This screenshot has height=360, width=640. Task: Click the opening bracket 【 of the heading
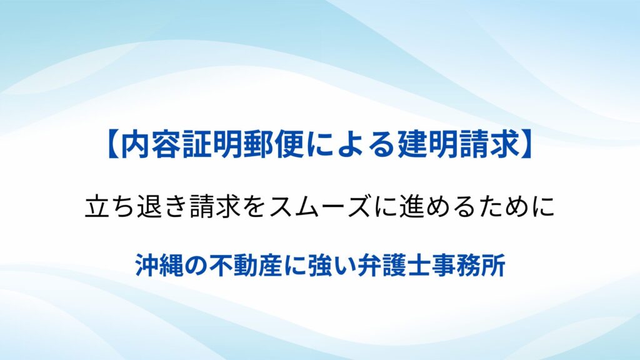(x=112, y=145)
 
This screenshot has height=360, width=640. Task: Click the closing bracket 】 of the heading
(x=527, y=145)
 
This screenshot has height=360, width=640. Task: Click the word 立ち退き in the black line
(x=136, y=206)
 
